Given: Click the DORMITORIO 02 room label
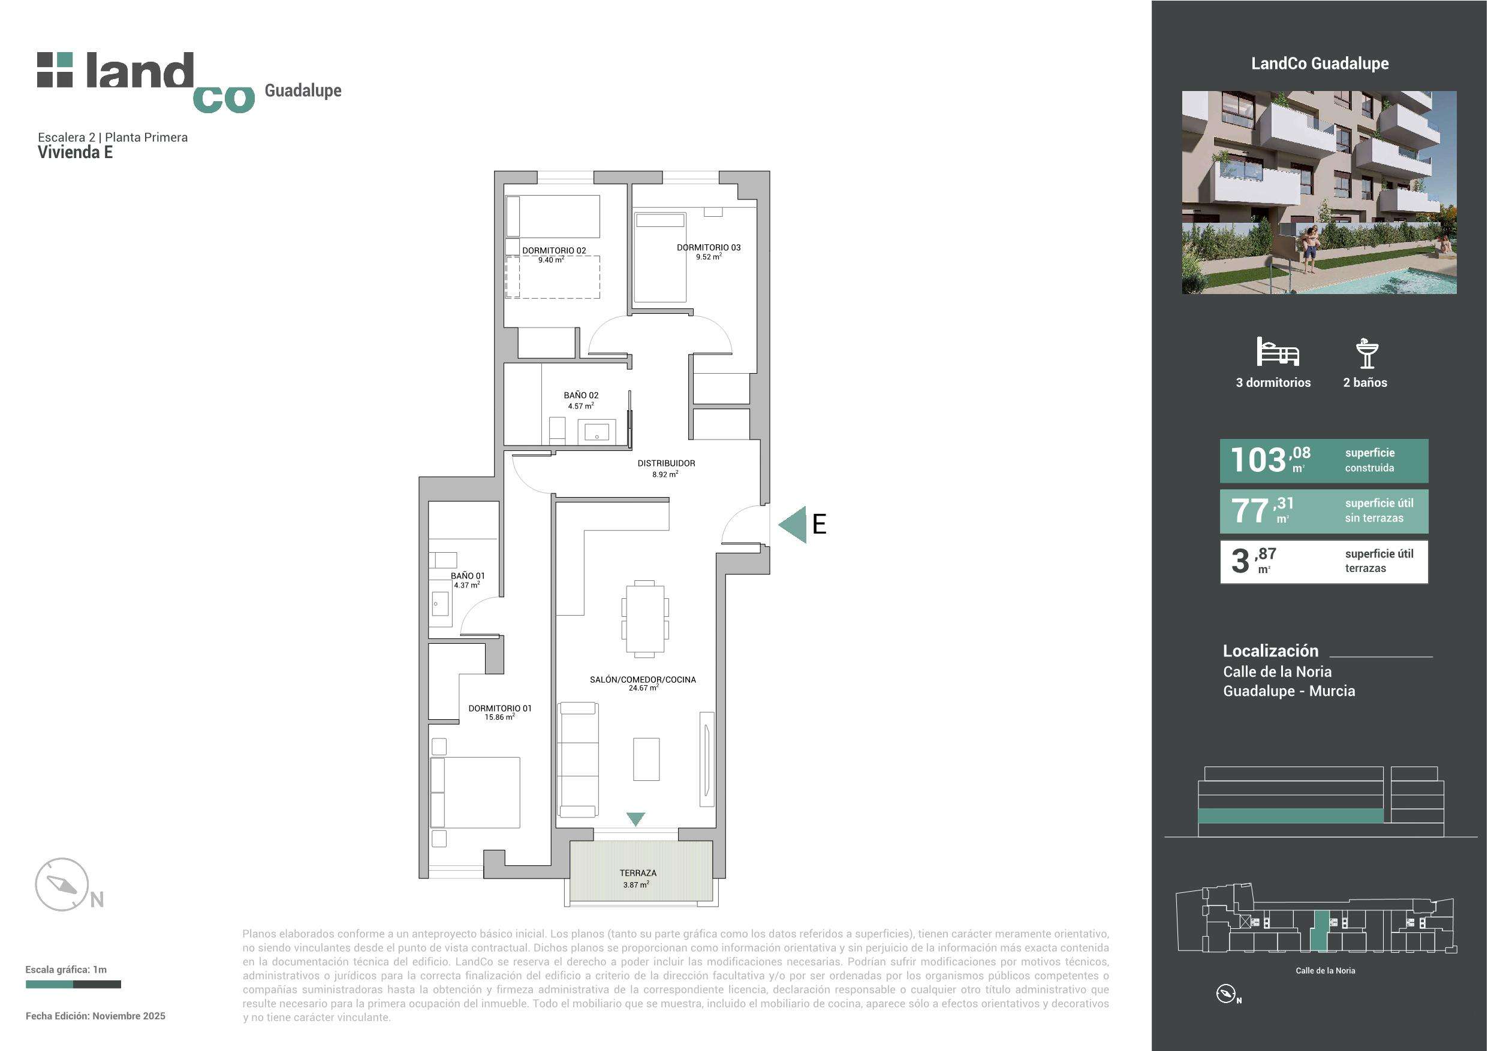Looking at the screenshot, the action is [554, 250].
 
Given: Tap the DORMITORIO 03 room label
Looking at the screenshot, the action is [709, 247].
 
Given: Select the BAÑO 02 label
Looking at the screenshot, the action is [581, 395].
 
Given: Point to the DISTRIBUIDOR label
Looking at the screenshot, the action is [666, 464].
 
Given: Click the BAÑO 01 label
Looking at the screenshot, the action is [467, 576].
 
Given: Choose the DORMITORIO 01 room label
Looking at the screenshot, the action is [499, 708].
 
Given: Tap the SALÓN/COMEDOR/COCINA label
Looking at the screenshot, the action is [643, 679].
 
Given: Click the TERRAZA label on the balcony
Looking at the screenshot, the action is [638, 873].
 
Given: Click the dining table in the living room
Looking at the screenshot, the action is [645, 619].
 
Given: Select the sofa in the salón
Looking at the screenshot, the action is [579, 759].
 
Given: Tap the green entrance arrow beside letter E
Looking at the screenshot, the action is [792, 525].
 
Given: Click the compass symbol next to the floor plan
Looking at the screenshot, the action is [62, 885].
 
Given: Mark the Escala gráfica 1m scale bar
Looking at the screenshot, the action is [73, 985].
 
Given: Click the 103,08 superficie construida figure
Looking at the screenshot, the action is [1270, 460].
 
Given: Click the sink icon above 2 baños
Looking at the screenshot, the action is [1367, 353].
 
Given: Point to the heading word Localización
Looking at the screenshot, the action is [1270, 651].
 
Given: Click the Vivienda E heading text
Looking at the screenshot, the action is [75, 152].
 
